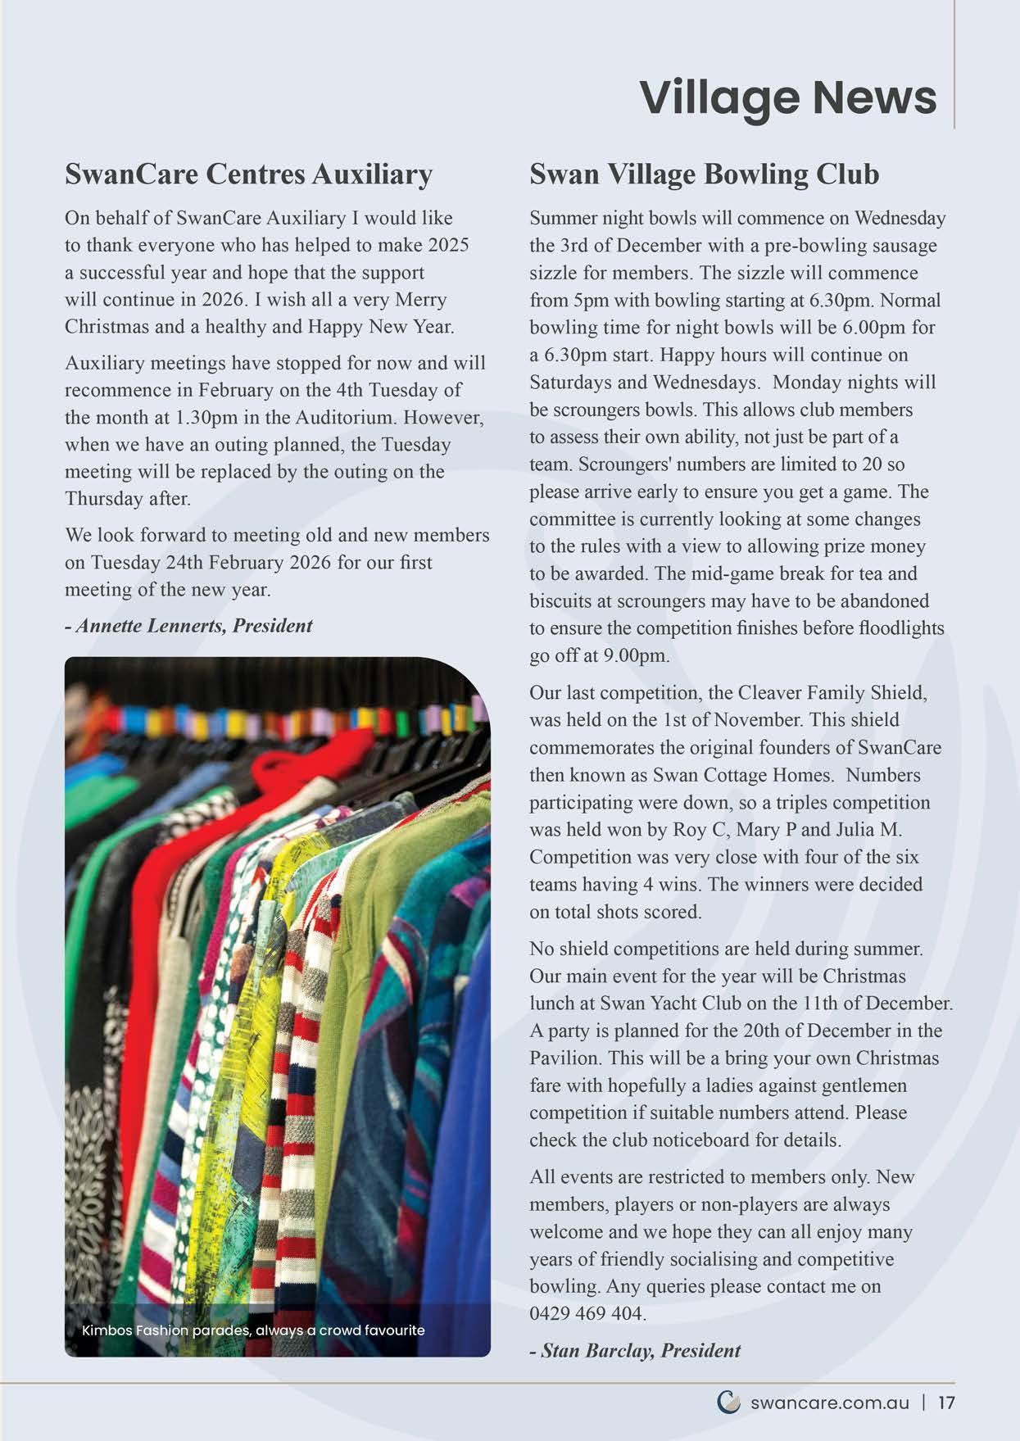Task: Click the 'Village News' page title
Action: pos(787,98)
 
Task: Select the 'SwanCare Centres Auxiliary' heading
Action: pos(248,174)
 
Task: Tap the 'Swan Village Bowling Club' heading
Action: pos(704,174)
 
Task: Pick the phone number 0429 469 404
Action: pos(586,1313)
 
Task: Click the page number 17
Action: pos(946,1402)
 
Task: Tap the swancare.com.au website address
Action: pos(829,1402)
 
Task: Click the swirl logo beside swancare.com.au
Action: pos(728,1402)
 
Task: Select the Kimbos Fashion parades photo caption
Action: pos(253,1330)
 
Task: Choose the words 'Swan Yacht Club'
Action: pos(682,1003)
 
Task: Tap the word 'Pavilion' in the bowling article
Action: pos(563,1058)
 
